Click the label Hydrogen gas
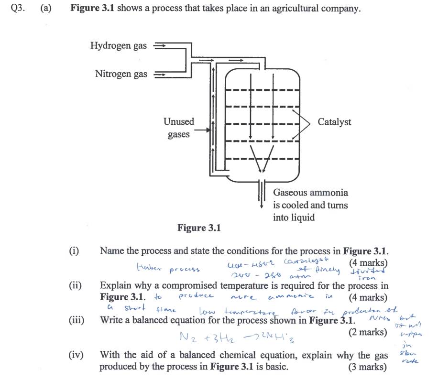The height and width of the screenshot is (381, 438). click(118, 46)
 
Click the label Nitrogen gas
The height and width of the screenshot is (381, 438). click(121, 74)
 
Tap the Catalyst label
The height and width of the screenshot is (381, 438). click(334, 122)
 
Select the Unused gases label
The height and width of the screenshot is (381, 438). click(179, 128)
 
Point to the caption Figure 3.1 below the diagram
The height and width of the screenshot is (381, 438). click(199, 228)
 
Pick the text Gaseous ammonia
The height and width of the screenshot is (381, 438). click(310, 193)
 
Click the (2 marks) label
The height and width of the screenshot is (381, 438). click(368, 332)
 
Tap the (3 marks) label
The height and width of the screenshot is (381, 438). click(368, 367)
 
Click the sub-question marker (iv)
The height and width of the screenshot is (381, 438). click(76, 355)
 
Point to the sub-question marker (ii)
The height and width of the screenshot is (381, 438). click(76, 286)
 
